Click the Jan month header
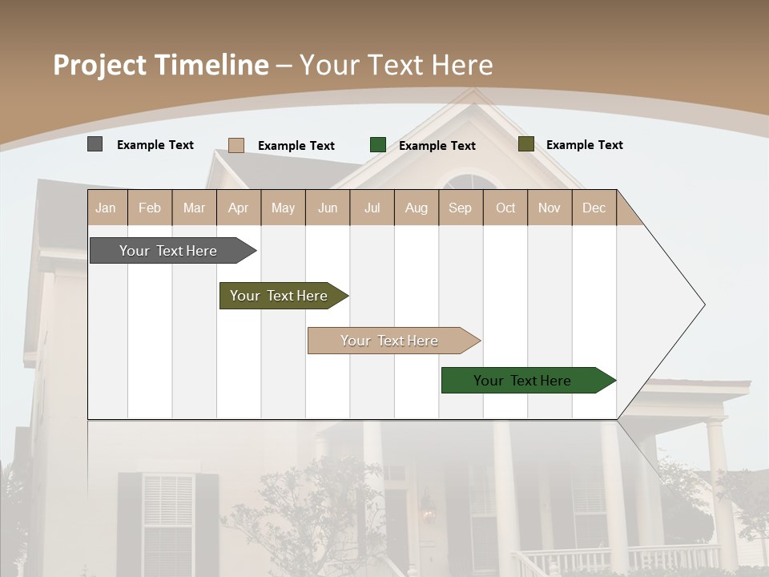pos(106,208)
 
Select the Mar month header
pos(194,208)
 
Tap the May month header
pos(283,208)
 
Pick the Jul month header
pos(372,208)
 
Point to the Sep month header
pos(460,208)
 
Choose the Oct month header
pos(505,208)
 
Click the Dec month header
pos(594,208)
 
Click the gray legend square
pos(95,144)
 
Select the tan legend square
pos(236,145)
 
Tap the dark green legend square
pos(377,145)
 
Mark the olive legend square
pos(525,144)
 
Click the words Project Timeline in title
pos(160,65)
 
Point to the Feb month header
pos(150,208)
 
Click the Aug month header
pos(416,208)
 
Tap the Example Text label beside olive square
pos(584,145)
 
